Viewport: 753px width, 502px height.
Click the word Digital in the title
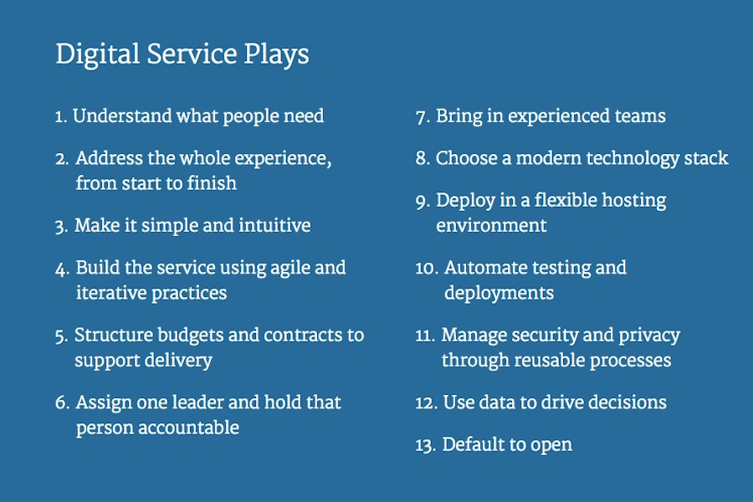coord(98,54)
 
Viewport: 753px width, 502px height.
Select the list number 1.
coord(60,117)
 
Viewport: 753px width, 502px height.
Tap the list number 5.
coord(61,336)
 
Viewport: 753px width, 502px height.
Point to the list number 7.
coord(423,117)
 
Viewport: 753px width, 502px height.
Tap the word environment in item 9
coord(491,225)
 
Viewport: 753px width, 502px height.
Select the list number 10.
coord(427,268)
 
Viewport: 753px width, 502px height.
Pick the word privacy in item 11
coord(649,336)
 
